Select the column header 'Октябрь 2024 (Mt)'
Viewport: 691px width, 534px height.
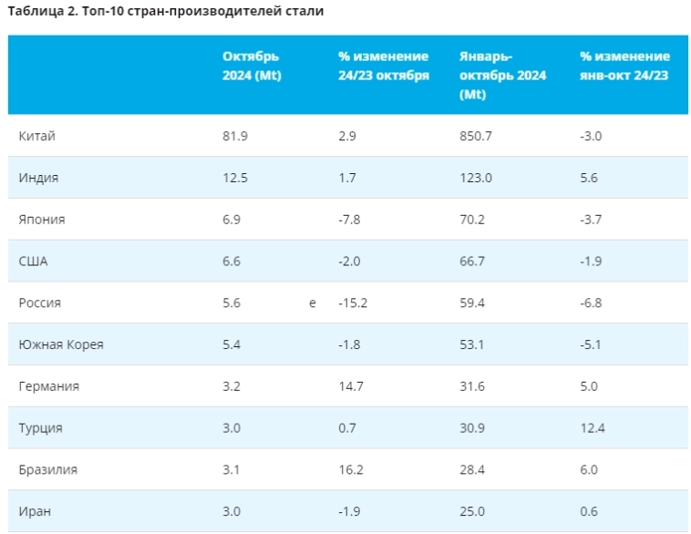click(252, 66)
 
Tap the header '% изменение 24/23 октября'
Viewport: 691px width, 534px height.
click(383, 66)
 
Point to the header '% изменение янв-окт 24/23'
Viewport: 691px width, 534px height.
click(624, 66)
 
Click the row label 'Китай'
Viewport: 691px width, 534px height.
click(37, 136)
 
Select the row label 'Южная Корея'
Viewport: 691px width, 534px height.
click(61, 344)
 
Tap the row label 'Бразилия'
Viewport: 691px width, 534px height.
click(47, 469)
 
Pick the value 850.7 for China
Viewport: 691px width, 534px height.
click(478, 136)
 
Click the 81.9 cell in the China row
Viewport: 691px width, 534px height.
click(235, 136)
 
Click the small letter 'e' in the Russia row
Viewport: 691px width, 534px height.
click(313, 303)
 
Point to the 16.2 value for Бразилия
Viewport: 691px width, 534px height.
click(350, 469)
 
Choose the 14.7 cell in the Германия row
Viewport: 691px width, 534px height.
click(350, 386)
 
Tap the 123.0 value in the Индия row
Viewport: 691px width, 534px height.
click(476, 178)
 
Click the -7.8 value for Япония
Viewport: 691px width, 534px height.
click(349, 220)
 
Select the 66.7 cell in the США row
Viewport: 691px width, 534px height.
click(473, 262)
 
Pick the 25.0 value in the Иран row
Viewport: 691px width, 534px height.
click(473, 511)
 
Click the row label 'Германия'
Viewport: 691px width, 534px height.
click(48, 386)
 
